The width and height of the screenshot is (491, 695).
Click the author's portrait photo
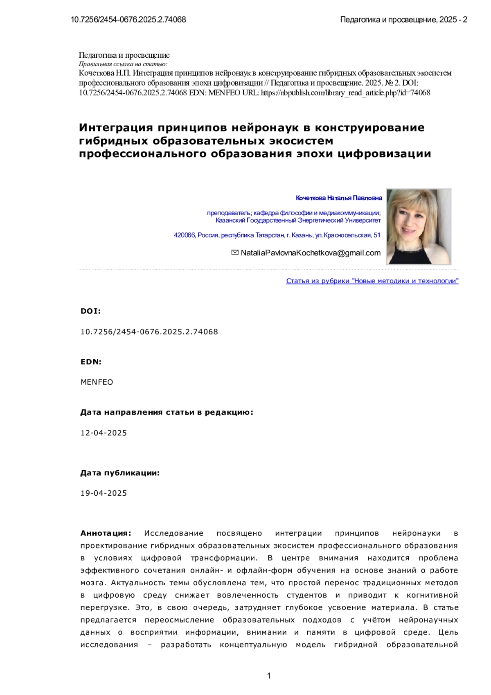(x=418, y=226)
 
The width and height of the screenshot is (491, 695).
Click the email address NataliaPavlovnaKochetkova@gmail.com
(x=311, y=253)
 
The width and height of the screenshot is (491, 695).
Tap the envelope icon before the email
(x=235, y=253)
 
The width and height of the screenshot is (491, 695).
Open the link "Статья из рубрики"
(x=372, y=281)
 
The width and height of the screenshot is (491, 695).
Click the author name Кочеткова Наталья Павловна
(x=339, y=198)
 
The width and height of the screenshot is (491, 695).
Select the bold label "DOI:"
(x=90, y=311)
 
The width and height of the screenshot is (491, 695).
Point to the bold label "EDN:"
(x=91, y=362)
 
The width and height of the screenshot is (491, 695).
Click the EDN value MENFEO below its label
(x=97, y=382)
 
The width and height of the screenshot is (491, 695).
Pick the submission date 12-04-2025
(x=104, y=433)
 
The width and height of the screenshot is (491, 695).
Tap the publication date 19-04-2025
(x=104, y=493)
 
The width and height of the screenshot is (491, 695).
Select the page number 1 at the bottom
(x=269, y=676)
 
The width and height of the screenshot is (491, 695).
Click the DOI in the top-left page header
(x=128, y=20)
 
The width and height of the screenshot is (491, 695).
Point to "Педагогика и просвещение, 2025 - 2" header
(x=403, y=20)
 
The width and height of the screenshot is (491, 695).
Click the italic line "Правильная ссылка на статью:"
(x=123, y=64)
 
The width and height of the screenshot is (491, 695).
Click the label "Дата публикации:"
(x=120, y=473)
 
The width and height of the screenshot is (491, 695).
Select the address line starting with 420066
(x=277, y=235)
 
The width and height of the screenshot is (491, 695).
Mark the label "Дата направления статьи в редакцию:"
(x=167, y=413)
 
